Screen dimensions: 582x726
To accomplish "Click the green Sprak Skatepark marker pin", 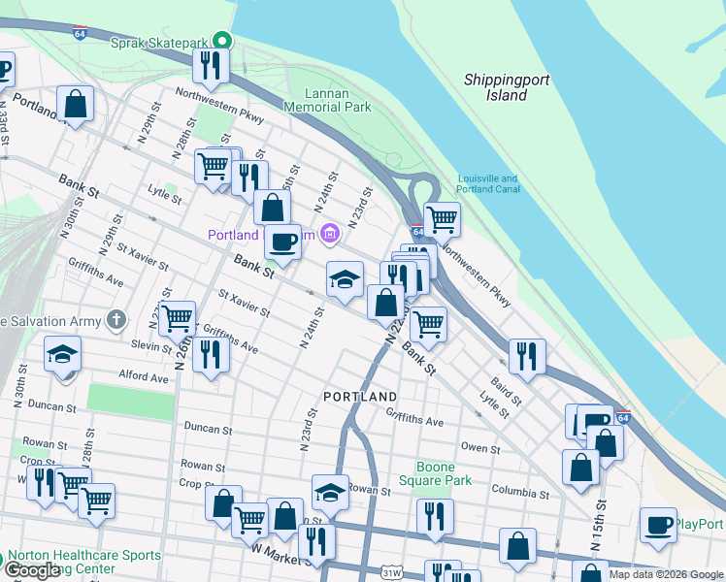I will click(223, 41).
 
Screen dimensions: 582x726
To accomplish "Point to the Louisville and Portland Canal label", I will click(487, 183).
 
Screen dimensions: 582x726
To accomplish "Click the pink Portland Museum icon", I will click(329, 232).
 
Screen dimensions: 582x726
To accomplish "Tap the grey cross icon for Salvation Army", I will click(115, 319).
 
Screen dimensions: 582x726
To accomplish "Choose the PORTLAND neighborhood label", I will click(360, 397).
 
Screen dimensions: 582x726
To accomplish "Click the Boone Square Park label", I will click(435, 473).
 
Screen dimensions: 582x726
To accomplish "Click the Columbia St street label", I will click(519, 492).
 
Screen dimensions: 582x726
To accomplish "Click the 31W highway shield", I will click(391, 573).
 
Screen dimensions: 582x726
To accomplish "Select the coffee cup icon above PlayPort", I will click(658, 526).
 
